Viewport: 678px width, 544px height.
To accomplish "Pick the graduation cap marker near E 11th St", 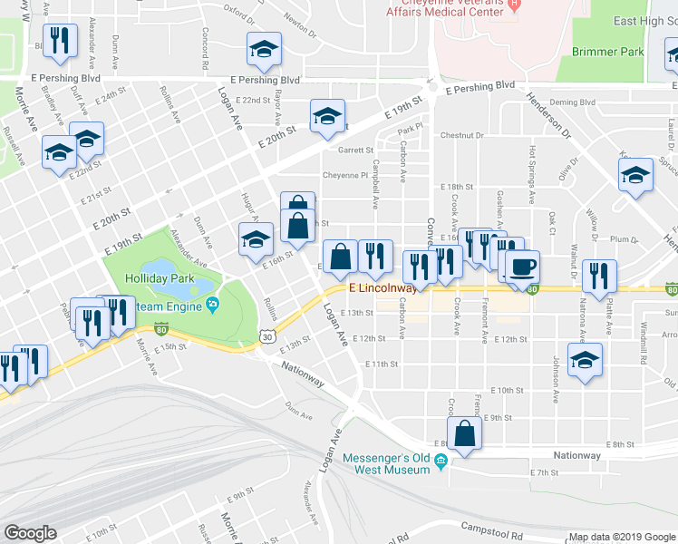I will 585,359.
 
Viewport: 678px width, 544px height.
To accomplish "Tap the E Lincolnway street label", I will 383,288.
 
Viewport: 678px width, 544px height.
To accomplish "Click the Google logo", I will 30,532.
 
